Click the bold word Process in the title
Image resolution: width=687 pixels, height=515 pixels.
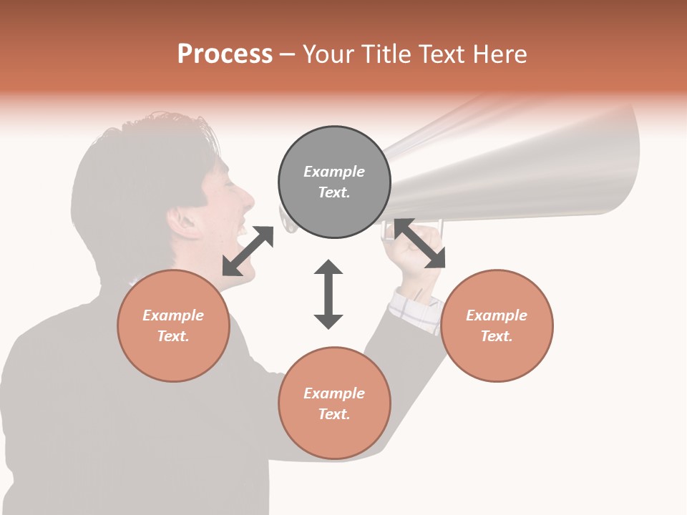click(x=225, y=54)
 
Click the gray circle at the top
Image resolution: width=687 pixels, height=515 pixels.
click(x=334, y=182)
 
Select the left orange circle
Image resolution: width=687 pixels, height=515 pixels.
click(x=173, y=325)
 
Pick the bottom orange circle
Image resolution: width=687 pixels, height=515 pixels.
click(x=334, y=403)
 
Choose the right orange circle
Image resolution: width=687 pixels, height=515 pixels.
click(x=497, y=325)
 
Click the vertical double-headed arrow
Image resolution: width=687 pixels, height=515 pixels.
click(x=328, y=294)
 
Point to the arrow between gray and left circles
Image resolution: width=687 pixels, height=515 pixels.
click(x=248, y=250)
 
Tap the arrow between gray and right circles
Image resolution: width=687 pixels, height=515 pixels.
click(x=419, y=243)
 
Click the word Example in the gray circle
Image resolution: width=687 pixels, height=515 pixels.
click(x=334, y=172)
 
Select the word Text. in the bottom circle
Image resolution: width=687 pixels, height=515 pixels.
click(x=334, y=414)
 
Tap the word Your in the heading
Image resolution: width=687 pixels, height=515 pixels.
click(x=329, y=54)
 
